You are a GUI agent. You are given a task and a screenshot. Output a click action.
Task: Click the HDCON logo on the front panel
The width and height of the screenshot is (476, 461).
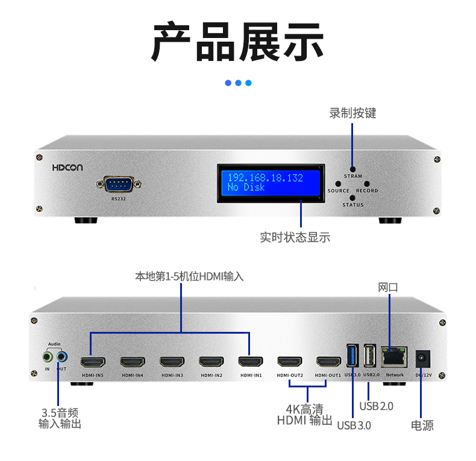tap(67, 168)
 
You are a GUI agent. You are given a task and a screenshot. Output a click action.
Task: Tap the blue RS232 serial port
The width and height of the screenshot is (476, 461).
tap(119, 184)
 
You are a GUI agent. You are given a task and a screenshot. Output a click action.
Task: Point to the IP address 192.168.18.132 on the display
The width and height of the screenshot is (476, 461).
tap(265, 177)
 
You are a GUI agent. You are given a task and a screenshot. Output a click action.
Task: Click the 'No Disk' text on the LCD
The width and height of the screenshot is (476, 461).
tap(246, 187)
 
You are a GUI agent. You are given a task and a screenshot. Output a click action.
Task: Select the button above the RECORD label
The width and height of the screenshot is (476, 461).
tap(367, 183)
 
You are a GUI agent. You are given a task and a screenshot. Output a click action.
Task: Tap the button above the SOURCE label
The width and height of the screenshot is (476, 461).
tap(338, 183)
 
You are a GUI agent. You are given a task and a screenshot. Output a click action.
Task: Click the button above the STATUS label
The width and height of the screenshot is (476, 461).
tap(352, 198)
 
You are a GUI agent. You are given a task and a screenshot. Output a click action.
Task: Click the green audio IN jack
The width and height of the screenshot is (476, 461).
tap(48, 357)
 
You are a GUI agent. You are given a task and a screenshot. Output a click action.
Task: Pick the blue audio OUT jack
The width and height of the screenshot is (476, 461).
tap(62, 357)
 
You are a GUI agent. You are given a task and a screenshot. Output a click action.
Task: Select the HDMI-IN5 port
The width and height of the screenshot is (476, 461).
tap(93, 362)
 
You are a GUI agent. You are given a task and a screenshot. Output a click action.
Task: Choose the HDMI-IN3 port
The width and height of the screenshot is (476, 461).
tap(172, 362)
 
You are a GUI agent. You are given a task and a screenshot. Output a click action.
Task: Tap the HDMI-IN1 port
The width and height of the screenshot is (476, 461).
tap(251, 362)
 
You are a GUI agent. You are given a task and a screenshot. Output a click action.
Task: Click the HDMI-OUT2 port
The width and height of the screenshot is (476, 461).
tap(290, 362)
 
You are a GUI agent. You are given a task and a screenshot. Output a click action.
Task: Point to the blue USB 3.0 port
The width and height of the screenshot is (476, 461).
tap(352, 355)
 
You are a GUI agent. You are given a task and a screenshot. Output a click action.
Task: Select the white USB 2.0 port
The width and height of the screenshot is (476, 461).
tap(370, 355)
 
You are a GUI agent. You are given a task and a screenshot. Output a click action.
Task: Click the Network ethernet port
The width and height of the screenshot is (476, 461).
tap(394, 357)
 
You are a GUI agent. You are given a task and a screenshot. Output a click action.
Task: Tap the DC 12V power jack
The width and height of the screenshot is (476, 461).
tap(422, 358)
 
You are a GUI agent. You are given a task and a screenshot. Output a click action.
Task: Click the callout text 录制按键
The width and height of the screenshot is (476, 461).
tap(352, 113)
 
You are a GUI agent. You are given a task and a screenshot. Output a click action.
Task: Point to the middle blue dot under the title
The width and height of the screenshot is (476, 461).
tap(239, 83)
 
